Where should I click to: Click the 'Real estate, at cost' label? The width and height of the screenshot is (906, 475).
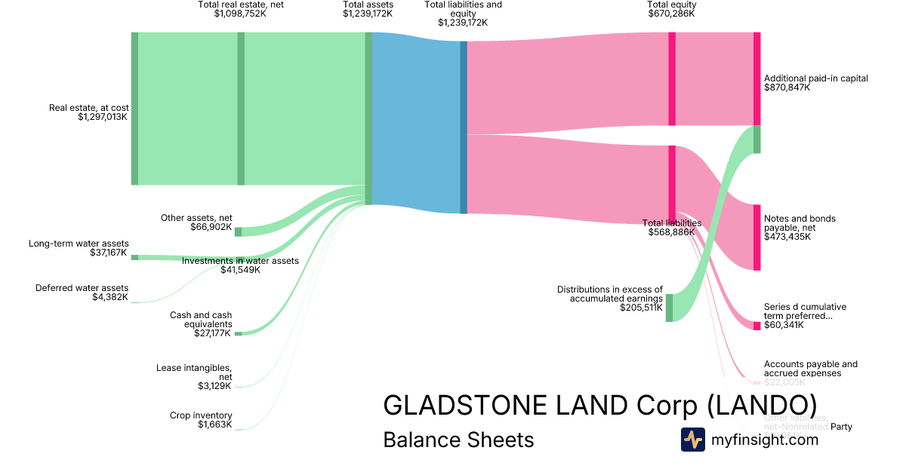tap(89, 108)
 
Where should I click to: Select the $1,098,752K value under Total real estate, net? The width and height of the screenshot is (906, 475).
tap(240, 14)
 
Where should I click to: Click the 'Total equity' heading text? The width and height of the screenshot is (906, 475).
tap(671, 5)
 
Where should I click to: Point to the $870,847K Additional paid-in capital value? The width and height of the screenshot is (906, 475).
tap(787, 87)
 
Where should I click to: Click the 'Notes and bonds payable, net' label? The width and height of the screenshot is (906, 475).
tap(800, 223)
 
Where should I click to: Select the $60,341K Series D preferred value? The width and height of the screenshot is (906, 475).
tap(784, 326)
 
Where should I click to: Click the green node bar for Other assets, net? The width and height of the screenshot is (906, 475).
tap(238, 231)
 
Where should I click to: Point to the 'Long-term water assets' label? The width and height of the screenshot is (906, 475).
tap(79, 244)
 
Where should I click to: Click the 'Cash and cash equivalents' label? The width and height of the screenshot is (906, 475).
tap(201, 320)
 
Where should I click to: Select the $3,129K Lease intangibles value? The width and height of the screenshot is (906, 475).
tap(215, 386)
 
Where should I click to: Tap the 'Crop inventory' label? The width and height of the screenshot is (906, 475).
tap(201, 415)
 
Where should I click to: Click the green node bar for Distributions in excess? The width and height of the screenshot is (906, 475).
tap(669, 308)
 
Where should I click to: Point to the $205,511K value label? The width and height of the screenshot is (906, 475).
tap(641, 308)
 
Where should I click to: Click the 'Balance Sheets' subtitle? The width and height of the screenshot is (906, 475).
tap(458, 440)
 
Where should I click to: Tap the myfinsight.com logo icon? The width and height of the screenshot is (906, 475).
tap(692, 440)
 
